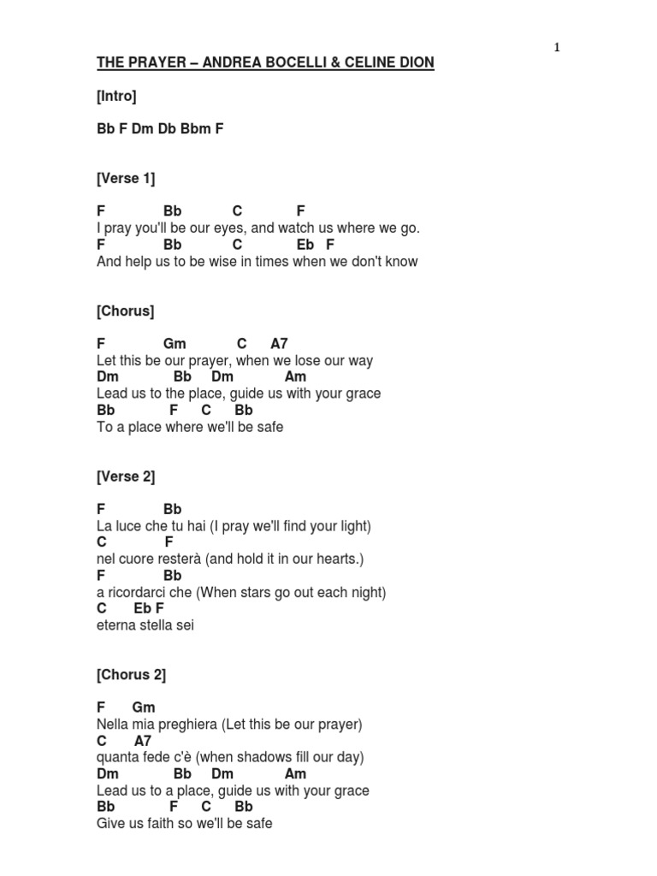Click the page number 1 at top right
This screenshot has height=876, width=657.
pyautogui.click(x=557, y=48)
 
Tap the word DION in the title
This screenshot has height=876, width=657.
pyautogui.click(x=414, y=63)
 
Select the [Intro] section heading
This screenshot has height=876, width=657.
pyautogui.click(x=116, y=97)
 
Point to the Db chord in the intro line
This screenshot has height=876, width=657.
pyautogui.click(x=166, y=129)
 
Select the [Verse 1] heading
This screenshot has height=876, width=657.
pyautogui.click(x=126, y=179)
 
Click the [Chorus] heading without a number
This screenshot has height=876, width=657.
pyautogui.click(x=126, y=311)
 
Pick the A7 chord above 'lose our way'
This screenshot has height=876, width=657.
pyautogui.click(x=280, y=344)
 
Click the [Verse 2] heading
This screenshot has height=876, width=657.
pyautogui.click(x=126, y=476)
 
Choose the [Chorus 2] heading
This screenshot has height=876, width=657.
pyautogui.click(x=131, y=675)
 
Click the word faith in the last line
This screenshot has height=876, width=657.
pyautogui.click(x=163, y=824)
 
